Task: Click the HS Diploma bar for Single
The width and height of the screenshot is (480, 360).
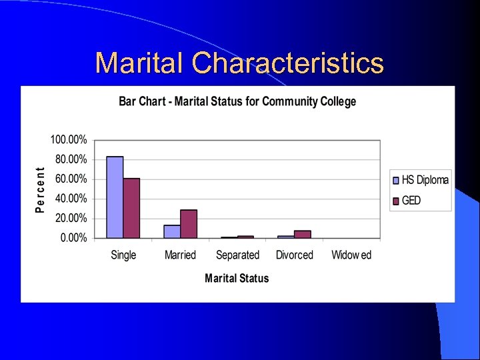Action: pos(115,197)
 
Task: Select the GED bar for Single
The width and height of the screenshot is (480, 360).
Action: pos(131,208)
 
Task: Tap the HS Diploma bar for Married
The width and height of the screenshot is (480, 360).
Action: pos(172,231)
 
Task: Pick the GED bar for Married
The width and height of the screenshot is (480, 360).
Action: pos(189,224)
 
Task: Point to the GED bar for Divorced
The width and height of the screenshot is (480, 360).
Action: pos(303,234)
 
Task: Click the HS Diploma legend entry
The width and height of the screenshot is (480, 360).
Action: pos(420,180)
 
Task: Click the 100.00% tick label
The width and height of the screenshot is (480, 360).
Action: pos(69,140)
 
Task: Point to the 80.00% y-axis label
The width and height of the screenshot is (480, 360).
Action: pos(71,159)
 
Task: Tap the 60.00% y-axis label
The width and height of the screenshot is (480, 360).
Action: pos(71,179)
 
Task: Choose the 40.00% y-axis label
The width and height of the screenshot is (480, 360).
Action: pos(71,199)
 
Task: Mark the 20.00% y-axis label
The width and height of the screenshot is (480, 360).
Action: pos(71,218)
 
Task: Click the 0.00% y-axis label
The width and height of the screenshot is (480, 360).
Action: pos(73,238)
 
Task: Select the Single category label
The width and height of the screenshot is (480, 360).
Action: pos(123,255)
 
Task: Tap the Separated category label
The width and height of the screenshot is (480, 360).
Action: pos(237,255)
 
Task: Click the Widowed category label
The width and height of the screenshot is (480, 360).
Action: pos(351,255)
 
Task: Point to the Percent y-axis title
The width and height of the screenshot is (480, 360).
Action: pos(40,190)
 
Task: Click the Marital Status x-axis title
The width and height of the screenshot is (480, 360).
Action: pos(237,278)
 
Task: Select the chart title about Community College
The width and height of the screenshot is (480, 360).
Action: pos(237,101)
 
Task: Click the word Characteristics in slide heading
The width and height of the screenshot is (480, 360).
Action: pos(287,63)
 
